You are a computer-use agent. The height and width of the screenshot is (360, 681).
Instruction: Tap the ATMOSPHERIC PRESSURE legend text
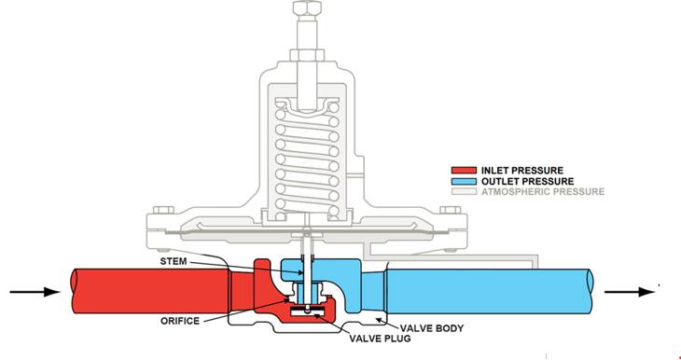click(x=540, y=192)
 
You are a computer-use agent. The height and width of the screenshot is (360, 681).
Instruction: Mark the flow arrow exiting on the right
click(x=632, y=291)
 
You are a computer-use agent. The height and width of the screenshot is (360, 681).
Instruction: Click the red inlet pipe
click(x=140, y=291)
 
